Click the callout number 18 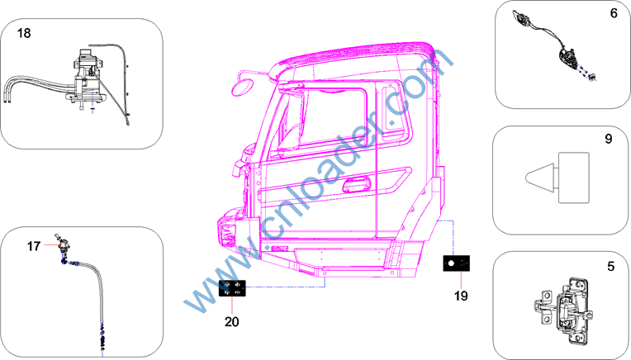24,33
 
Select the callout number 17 34,246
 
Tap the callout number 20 232,321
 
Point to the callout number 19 461,296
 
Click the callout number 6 614,13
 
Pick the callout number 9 609,139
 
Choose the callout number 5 611,266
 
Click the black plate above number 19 457,263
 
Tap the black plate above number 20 232,288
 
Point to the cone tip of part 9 526,178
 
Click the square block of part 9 574,178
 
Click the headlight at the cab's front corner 227,234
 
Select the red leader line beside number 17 51,244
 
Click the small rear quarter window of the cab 396,109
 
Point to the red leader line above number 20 232,306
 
